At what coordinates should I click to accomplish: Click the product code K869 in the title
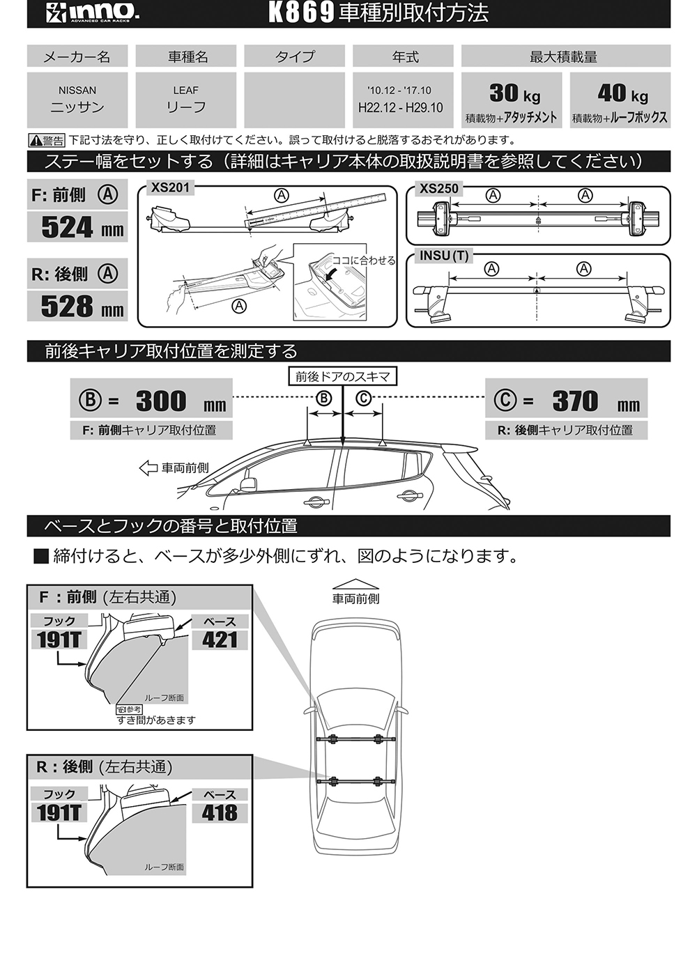pyautogui.click(x=301, y=13)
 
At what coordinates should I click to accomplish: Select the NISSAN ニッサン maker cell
pyautogui.click(x=77, y=100)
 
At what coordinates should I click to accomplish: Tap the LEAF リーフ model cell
pyautogui.click(x=186, y=100)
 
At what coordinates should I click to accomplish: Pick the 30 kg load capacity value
pyautogui.click(x=514, y=93)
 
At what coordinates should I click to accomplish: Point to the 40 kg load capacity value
pyautogui.click(x=622, y=93)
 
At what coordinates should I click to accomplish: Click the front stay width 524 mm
pyautogui.click(x=82, y=228)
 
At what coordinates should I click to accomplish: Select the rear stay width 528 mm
pyautogui.click(x=82, y=307)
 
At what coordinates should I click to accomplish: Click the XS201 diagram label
pyautogui.click(x=170, y=187)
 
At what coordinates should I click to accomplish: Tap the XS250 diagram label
pyautogui.click(x=439, y=188)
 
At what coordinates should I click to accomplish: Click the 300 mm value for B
pyautogui.click(x=180, y=401)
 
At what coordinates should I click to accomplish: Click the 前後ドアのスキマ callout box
pyautogui.click(x=342, y=377)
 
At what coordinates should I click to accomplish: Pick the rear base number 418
pyautogui.click(x=220, y=813)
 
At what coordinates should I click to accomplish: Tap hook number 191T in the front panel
pyautogui.click(x=59, y=640)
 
